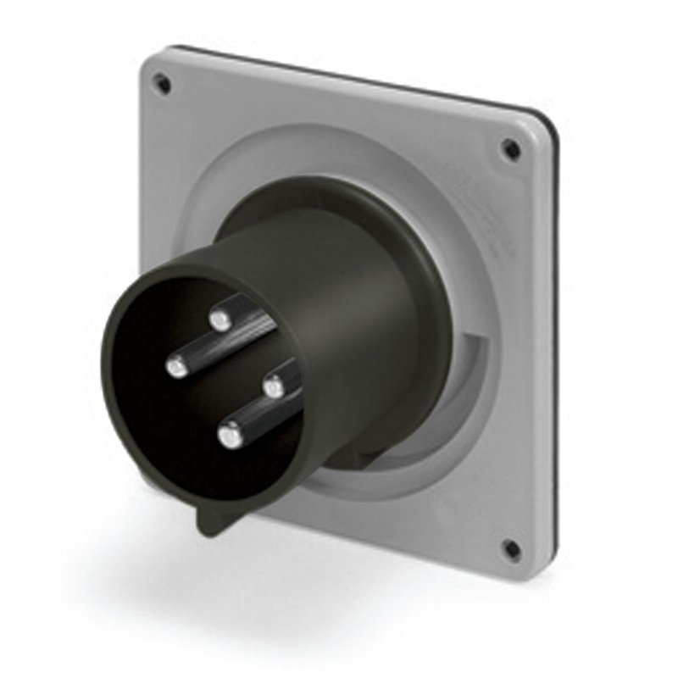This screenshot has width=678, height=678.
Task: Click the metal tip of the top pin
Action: (x=221, y=320)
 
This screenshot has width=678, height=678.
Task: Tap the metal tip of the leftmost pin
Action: (x=177, y=367)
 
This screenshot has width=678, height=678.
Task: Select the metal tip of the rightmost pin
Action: (x=273, y=388)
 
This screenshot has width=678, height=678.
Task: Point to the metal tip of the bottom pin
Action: (x=229, y=436)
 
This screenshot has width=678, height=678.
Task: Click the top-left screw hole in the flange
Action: (x=162, y=83)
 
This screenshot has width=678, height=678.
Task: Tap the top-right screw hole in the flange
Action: (x=512, y=149)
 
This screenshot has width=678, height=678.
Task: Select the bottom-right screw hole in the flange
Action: (x=512, y=548)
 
